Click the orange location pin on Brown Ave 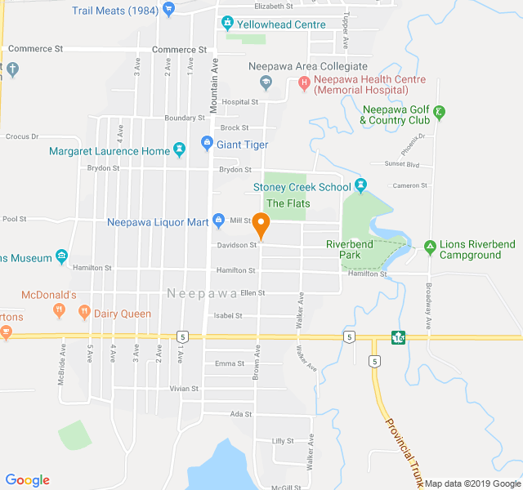pyautogui.click(x=261, y=222)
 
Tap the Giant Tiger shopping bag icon pyautogui.click(x=207, y=145)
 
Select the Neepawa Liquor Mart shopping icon pyautogui.click(x=218, y=220)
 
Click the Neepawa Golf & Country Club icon pyautogui.click(x=440, y=111)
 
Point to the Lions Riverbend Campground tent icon pyautogui.click(x=430, y=245)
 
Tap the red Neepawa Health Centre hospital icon pyautogui.click(x=304, y=81)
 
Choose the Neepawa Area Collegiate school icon pyautogui.click(x=266, y=81)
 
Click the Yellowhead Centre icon pyautogui.click(x=228, y=24)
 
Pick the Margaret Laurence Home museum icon pyautogui.click(x=179, y=151)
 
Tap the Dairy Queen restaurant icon pyautogui.click(x=83, y=311)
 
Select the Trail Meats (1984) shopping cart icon pyautogui.click(x=168, y=10)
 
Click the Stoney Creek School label pyautogui.click(x=302, y=187)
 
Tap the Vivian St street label pyautogui.click(x=184, y=389)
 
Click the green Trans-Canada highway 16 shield pyautogui.click(x=398, y=336)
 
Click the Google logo pyautogui.click(x=27, y=480)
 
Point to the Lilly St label pyautogui.click(x=283, y=441)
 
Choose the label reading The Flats pyautogui.click(x=288, y=203)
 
